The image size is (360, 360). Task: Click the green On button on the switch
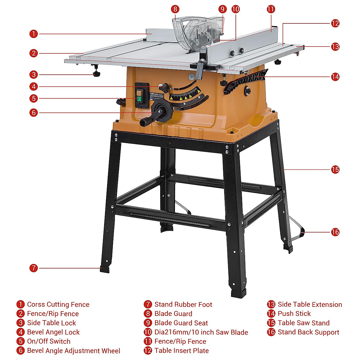tap(139, 99)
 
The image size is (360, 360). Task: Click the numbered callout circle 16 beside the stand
tap(335, 232)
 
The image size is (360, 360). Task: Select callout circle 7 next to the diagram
tap(34, 268)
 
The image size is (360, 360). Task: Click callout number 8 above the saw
tap(175, 9)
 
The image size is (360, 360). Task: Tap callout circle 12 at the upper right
tap(335, 23)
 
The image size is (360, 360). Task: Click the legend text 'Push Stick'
tap(294, 313)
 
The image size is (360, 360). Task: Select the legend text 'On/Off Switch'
tap(49, 341)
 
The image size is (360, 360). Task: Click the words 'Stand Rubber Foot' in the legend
tap(183, 304)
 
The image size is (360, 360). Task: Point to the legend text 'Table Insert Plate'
tap(181, 350)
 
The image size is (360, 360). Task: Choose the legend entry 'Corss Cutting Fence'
tap(58, 304)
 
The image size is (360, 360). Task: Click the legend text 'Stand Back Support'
tap(308, 332)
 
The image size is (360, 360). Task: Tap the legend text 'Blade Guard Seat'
tap(181, 323)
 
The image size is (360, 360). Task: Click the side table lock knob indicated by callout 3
tap(97, 74)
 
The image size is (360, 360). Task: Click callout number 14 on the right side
tap(335, 77)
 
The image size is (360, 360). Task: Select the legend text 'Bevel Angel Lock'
tap(53, 332)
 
